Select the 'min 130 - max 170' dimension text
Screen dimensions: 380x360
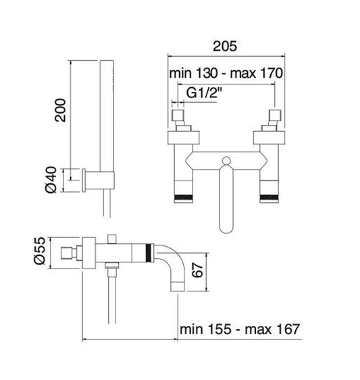coord(225,72)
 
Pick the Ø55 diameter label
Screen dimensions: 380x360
coord(40,250)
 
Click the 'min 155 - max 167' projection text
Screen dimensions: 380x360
coord(240,329)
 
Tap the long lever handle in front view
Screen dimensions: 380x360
coord(226,203)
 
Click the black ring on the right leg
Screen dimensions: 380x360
coord(267,197)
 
